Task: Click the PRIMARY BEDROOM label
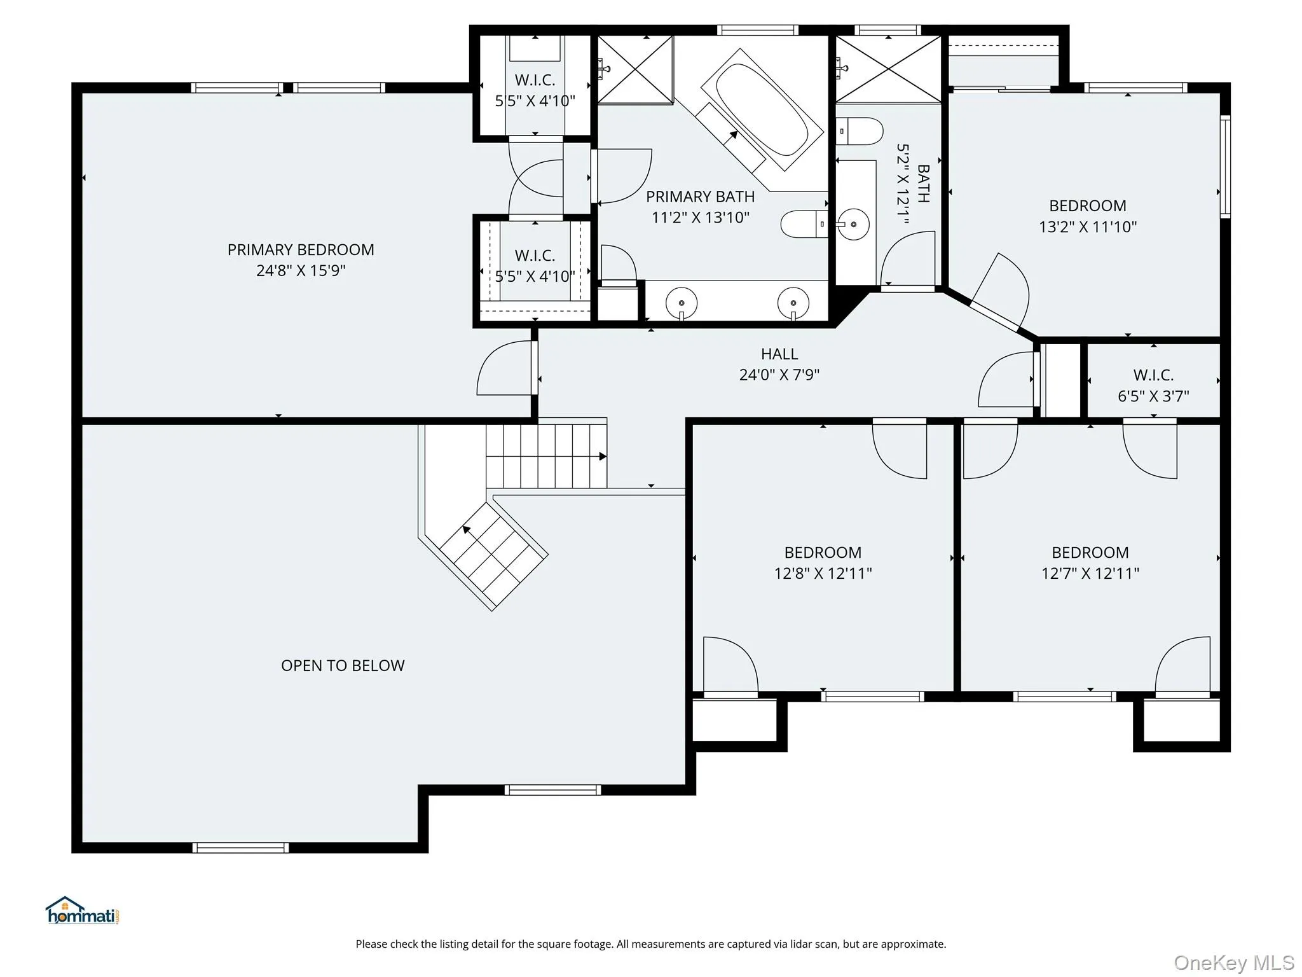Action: click(301, 249)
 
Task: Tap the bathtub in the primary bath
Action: click(762, 109)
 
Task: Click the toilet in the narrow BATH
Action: click(860, 131)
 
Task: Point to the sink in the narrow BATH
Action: click(853, 224)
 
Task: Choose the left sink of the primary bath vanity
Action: click(682, 301)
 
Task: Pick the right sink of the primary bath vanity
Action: click(793, 301)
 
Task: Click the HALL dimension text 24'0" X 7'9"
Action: click(779, 375)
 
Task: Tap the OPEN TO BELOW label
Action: click(343, 665)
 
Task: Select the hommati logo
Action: click(83, 911)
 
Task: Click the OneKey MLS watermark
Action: click(1234, 963)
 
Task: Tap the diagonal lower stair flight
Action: click(493, 556)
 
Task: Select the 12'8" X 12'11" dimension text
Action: click(823, 574)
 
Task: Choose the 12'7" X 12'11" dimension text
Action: click(1090, 574)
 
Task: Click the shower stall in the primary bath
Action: click(635, 70)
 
